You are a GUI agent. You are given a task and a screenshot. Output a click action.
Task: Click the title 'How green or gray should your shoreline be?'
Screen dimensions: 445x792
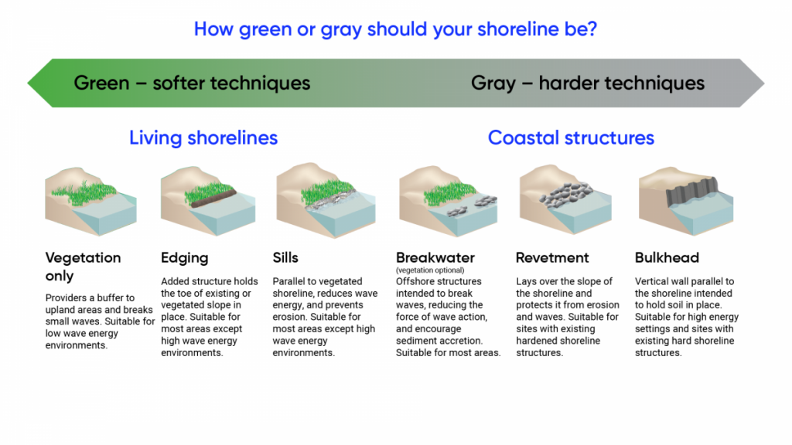coord(395,29)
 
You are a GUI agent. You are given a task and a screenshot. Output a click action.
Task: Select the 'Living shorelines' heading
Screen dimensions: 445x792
coord(203,138)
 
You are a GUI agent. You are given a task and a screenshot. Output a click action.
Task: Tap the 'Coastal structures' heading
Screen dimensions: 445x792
coord(571,138)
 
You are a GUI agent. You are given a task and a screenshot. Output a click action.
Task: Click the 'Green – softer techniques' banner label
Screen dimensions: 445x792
coord(192,83)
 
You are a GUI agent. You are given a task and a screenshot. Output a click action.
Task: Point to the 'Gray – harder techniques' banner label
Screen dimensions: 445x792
coord(588,83)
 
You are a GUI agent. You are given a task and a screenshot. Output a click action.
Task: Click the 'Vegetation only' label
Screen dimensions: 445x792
coord(83,267)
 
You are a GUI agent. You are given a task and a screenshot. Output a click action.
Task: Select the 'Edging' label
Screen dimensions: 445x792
coord(184,258)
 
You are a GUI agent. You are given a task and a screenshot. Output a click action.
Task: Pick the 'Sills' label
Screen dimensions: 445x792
coord(285,258)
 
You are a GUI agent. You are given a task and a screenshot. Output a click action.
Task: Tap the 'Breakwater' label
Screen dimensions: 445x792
coord(435,258)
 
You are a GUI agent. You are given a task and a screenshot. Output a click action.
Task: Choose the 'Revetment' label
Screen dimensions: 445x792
coord(552,258)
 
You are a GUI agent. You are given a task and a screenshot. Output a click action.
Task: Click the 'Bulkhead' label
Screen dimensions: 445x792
coord(667,258)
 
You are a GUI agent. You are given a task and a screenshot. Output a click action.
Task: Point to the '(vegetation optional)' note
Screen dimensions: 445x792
coord(429,270)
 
